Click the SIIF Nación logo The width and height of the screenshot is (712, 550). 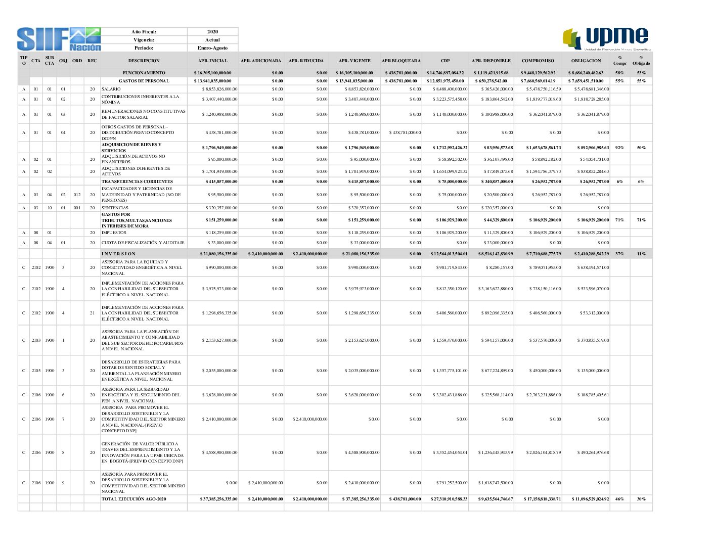[x=59, y=39]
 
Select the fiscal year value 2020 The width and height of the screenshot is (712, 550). [x=212, y=32]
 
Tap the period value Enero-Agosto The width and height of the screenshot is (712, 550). [x=212, y=48]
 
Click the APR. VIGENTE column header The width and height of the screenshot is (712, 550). [x=354, y=61]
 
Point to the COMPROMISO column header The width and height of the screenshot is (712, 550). [x=538, y=61]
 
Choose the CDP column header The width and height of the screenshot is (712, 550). [x=445, y=61]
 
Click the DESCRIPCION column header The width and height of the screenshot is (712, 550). [x=144, y=61]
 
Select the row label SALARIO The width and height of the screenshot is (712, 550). [x=111, y=89]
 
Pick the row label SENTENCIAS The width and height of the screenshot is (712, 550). [x=115, y=208]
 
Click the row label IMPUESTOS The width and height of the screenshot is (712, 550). [x=114, y=233]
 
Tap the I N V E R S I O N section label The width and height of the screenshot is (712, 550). [x=118, y=254]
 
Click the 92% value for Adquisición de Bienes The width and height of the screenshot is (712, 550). [x=619, y=148]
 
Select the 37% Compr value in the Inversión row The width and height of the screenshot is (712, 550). [x=619, y=254]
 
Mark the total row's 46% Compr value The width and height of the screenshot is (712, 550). [x=619, y=499]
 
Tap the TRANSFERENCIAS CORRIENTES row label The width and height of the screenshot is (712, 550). [x=137, y=181]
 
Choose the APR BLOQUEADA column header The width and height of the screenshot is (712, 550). [x=401, y=61]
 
